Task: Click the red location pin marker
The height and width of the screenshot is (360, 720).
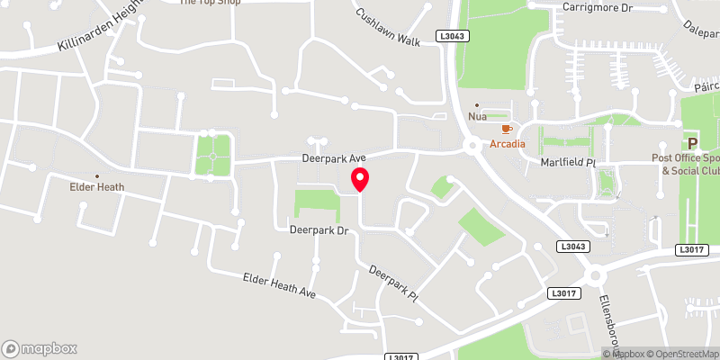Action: (360, 179)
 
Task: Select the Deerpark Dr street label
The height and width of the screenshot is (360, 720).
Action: (319, 230)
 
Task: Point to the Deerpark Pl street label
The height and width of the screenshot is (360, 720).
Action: (395, 283)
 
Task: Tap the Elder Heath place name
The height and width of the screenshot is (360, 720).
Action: (97, 187)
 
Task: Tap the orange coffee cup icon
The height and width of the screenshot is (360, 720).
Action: (506, 130)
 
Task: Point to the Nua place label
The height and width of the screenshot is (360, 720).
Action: (478, 117)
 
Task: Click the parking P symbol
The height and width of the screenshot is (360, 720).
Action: (693, 143)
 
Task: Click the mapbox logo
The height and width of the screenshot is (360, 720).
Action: (40, 348)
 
